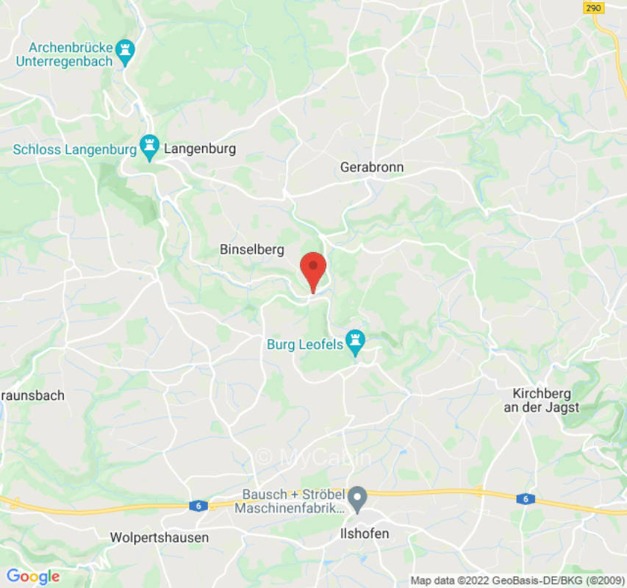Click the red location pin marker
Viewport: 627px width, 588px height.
tap(314, 270)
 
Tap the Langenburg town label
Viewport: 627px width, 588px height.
tap(200, 149)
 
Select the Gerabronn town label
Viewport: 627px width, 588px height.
tap(372, 168)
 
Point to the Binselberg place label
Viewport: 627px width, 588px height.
tap(252, 250)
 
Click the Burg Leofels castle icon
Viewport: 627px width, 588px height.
tap(357, 343)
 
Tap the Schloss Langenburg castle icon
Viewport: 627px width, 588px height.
tap(150, 148)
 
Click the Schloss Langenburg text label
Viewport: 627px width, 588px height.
tap(75, 150)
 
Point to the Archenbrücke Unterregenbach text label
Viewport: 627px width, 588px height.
tap(65, 54)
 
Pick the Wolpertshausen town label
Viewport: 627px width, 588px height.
tap(159, 537)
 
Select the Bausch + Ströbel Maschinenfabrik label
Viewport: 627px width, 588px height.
tap(290, 501)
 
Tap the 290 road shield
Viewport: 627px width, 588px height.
tap(594, 8)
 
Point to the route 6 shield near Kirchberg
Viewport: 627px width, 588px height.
tap(525, 499)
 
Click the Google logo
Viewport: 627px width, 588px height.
tap(33, 577)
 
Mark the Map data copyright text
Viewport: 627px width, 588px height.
tap(517, 581)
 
